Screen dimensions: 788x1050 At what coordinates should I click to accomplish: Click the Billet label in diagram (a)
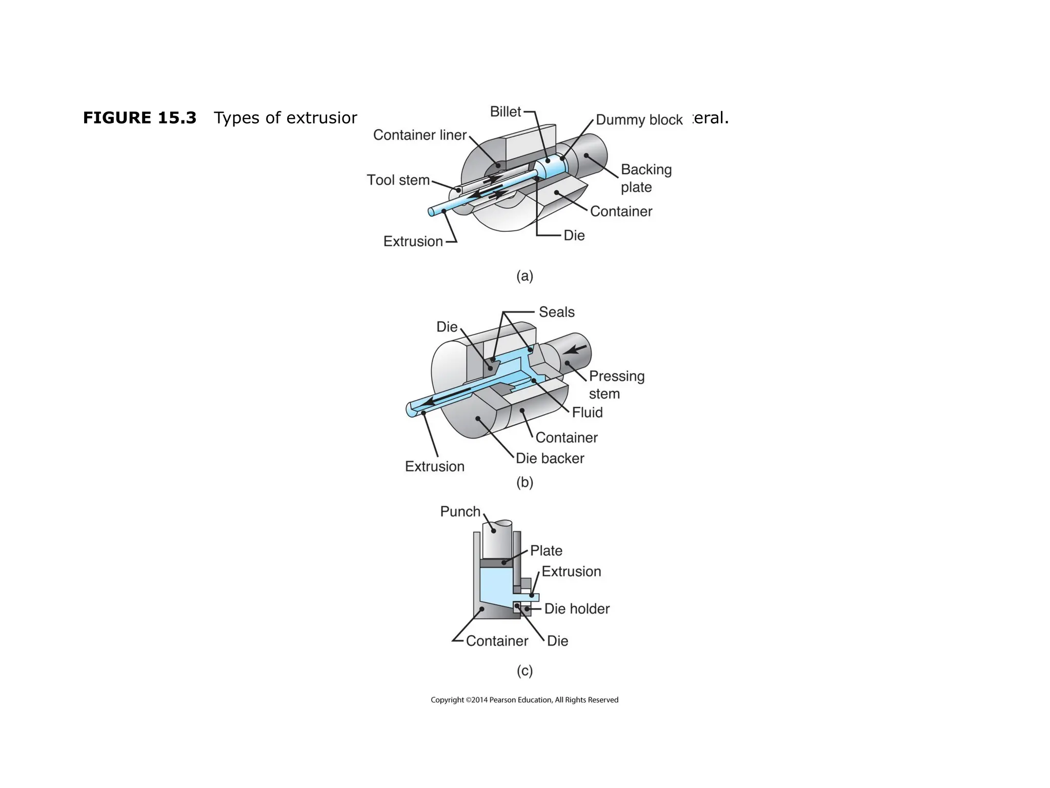point(505,112)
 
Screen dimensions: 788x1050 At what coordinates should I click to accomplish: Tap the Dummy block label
point(639,120)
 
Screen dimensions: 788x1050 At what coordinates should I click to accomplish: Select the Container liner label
point(419,135)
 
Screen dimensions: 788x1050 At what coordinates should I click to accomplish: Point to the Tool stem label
point(398,180)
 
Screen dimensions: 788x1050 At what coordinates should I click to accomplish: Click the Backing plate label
point(645,178)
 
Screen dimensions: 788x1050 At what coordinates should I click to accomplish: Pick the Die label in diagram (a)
point(574,235)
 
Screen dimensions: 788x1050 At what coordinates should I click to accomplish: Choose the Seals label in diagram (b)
point(556,312)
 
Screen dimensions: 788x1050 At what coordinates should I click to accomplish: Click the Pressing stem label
point(616,385)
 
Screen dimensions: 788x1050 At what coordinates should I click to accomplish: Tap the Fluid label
point(587,412)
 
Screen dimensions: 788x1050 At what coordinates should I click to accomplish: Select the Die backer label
point(550,459)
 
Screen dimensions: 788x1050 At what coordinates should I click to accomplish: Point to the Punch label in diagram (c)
point(460,511)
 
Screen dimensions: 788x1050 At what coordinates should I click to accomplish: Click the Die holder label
point(577,609)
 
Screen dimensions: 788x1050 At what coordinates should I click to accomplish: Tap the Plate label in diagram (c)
point(546,551)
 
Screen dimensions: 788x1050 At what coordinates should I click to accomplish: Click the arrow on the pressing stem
point(577,349)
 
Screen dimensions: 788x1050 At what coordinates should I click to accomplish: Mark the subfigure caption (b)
point(524,482)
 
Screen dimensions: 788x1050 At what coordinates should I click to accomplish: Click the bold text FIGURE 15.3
point(139,118)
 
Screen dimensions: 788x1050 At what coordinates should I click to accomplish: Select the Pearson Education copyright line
point(524,700)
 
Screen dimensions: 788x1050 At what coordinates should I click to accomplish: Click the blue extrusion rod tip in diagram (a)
point(432,211)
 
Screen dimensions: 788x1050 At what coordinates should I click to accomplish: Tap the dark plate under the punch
point(497,563)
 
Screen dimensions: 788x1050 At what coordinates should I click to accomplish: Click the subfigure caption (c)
point(524,671)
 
